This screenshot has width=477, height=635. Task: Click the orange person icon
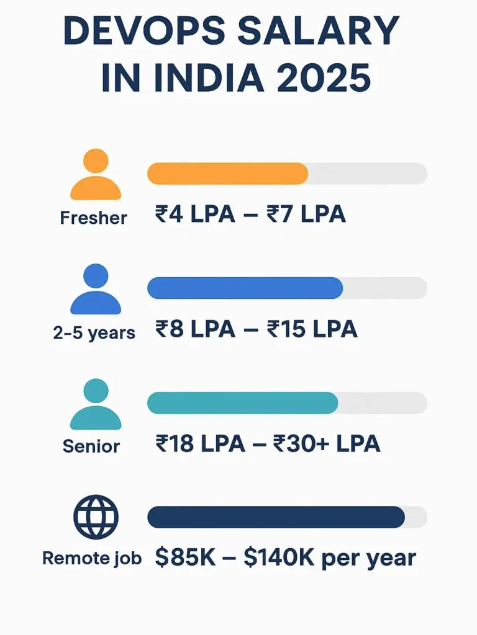[x=95, y=175]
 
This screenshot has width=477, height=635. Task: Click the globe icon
[x=96, y=517]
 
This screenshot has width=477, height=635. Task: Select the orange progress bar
[x=227, y=174]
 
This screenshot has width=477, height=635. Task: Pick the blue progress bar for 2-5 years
[x=245, y=288]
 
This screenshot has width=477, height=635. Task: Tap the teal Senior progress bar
[x=242, y=403]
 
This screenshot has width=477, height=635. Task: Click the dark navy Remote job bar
[x=276, y=517]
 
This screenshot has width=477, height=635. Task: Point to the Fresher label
[x=94, y=218]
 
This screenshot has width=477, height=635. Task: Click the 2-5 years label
[x=94, y=333]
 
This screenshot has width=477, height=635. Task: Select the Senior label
[x=91, y=446]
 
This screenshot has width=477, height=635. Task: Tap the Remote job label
[x=92, y=558]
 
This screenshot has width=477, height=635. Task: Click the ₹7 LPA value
[x=306, y=215]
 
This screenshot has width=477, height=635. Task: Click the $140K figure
[x=279, y=558]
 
